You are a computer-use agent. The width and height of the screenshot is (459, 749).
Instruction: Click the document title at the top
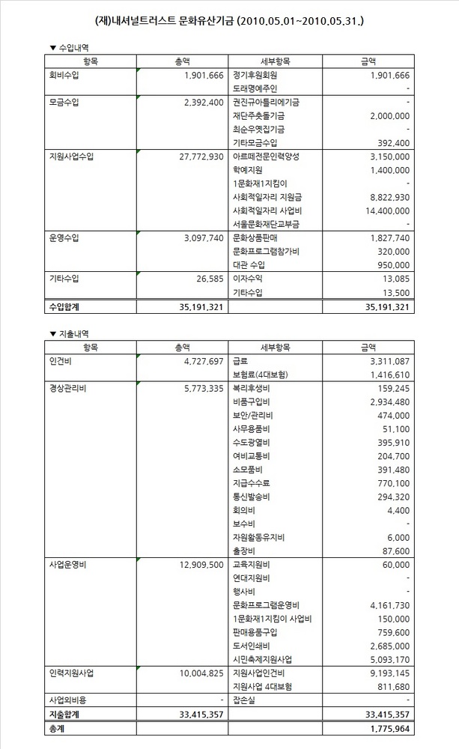click(230, 19)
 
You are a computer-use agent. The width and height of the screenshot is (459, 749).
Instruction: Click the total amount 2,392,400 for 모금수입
click(197, 102)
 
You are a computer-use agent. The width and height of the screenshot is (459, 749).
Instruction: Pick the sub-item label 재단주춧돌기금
click(258, 116)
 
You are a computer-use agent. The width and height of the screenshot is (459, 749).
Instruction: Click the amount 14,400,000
click(383, 210)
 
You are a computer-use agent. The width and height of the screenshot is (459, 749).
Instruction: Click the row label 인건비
click(57, 361)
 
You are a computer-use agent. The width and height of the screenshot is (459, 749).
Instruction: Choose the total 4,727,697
click(197, 361)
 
